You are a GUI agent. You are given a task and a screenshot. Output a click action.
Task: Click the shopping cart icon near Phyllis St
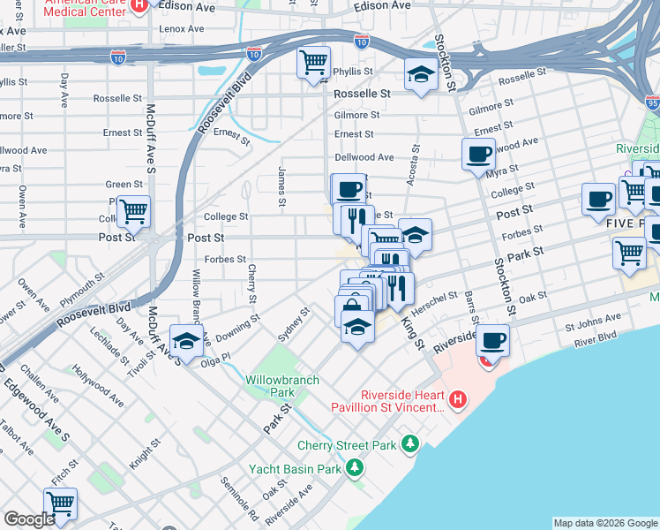[x=313, y=63]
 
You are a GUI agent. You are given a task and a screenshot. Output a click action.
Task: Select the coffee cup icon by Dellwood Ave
[x=478, y=154]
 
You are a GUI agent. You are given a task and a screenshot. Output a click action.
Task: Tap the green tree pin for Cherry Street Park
[x=409, y=443]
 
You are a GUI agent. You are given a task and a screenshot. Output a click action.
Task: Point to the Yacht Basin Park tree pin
[x=354, y=467]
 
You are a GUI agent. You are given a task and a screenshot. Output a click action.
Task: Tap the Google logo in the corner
[x=29, y=519]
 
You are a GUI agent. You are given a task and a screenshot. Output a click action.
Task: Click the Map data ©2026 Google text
[x=605, y=523]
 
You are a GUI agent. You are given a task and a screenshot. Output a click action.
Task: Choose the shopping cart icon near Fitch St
[x=60, y=504]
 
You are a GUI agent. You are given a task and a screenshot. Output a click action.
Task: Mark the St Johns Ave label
[x=577, y=325]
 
